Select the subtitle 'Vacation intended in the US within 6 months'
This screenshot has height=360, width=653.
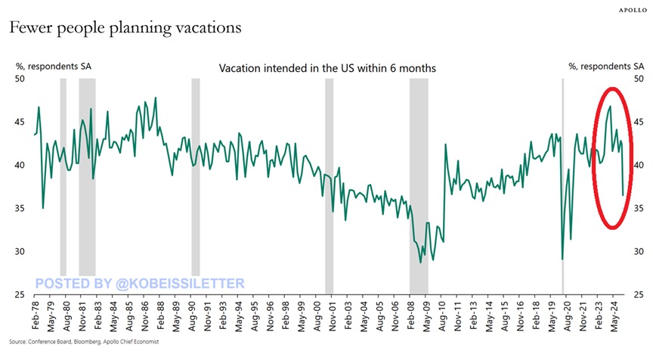coord(327,68)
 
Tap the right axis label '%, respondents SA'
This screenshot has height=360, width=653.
coord(602,67)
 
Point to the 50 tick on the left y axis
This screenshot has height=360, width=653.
coord(20,79)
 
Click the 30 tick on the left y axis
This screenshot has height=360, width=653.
coord(20,252)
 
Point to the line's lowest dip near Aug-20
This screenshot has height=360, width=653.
coord(562,259)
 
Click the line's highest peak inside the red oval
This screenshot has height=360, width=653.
coord(610,106)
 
